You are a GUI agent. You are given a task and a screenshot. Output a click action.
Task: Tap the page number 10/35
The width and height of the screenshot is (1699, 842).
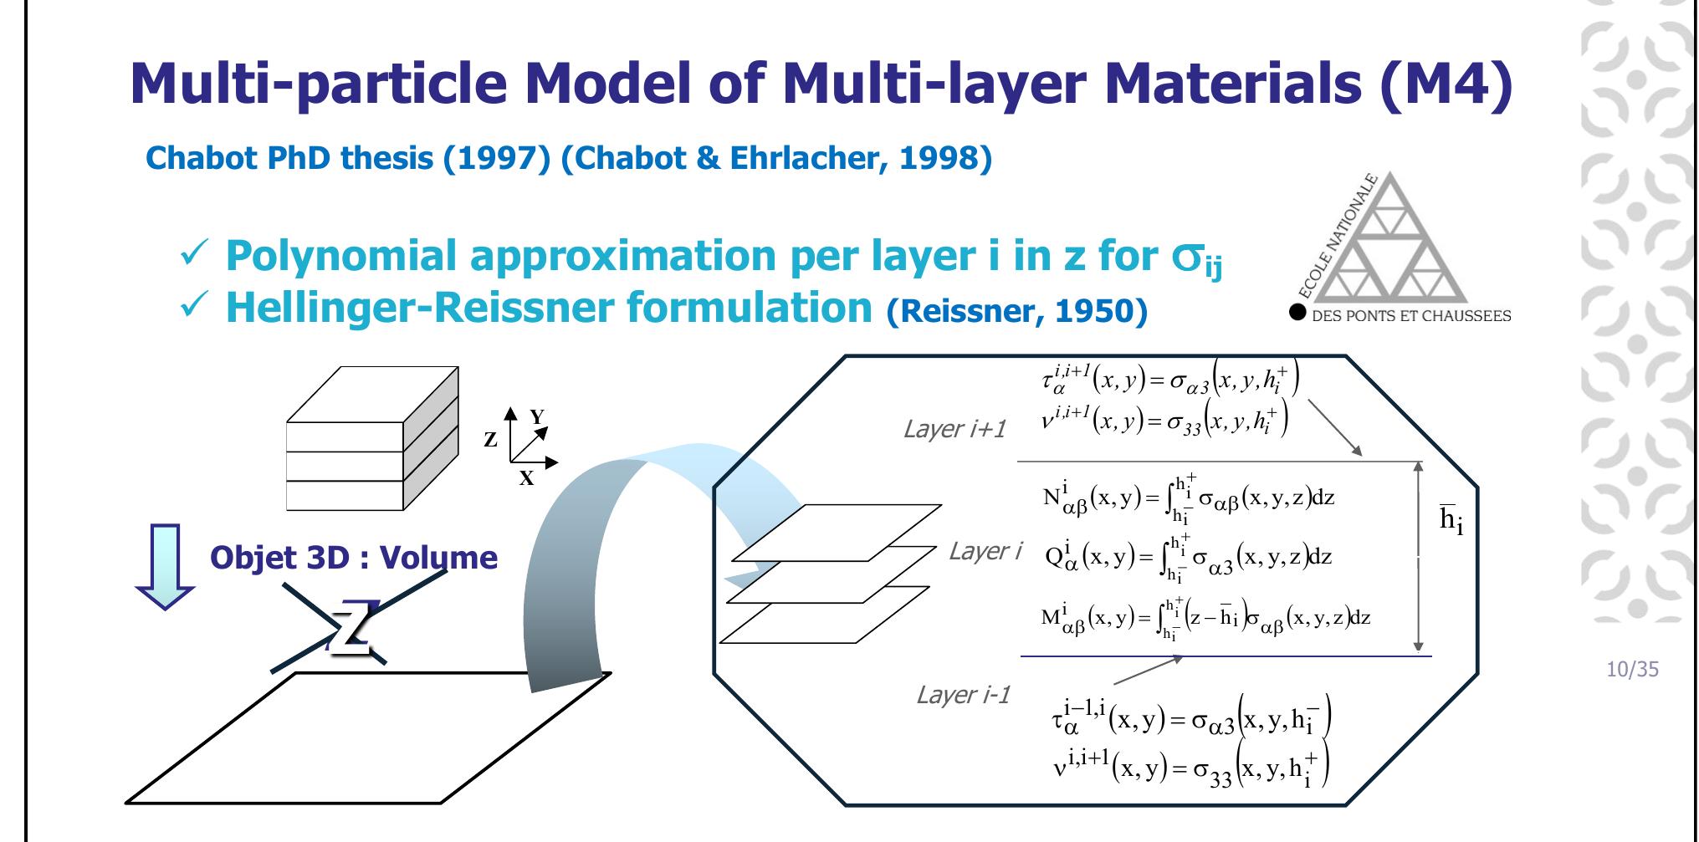click(x=1632, y=669)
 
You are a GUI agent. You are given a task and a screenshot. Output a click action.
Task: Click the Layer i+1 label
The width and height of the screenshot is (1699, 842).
click(x=954, y=429)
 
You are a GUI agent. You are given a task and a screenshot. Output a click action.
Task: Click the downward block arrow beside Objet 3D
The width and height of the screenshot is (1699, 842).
click(x=165, y=567)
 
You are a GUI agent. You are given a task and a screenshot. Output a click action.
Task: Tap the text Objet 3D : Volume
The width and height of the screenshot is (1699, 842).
click(x=354, y=557)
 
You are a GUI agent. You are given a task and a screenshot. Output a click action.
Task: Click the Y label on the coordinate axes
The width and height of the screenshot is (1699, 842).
click(x=537, y=416)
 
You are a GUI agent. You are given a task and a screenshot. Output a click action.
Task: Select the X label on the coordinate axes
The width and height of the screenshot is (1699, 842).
click(x=526, y=478)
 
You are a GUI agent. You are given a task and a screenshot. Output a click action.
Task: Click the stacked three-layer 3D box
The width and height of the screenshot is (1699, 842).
click(x=372, y=438)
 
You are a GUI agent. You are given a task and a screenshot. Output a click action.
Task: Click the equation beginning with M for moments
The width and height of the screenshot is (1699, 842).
click(x=1205, y=619)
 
